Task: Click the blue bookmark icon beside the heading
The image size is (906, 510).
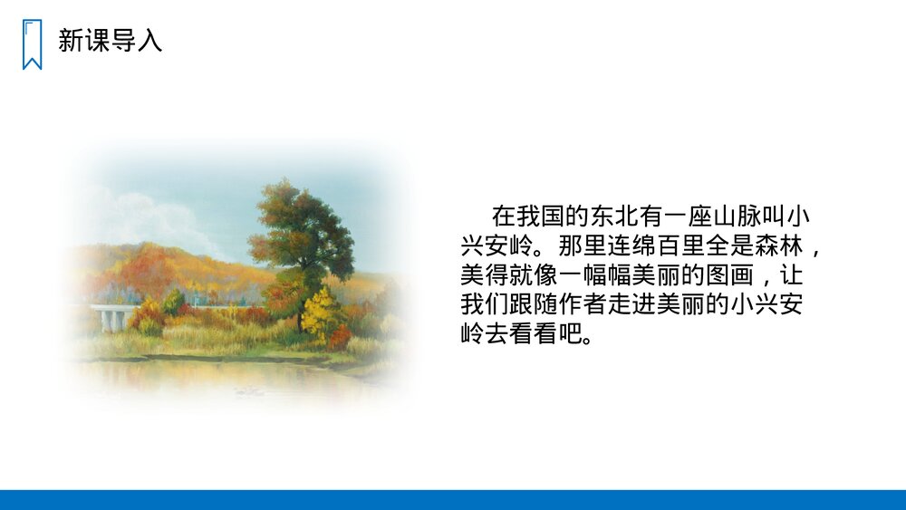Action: [32, 43]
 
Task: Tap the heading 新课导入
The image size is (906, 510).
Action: [110, 41]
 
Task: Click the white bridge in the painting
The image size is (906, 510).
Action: [111, 316]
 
